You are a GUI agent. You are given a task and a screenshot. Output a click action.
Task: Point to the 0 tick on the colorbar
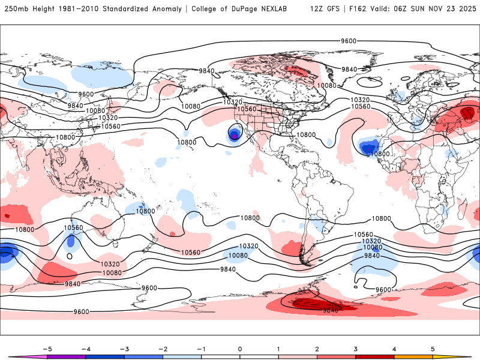(239, 348)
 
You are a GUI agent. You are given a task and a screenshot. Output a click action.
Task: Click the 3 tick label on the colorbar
(356, 348)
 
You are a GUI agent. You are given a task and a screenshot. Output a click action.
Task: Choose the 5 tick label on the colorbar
(433, 348)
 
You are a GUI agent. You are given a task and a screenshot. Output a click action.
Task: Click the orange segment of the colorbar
(413, 356)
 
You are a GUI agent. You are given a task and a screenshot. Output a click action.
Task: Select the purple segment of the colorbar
(66, 356)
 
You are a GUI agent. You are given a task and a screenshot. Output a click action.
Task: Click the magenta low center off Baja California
(233, 136)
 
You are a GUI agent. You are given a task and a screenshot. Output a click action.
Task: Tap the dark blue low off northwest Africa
(367, 148)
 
